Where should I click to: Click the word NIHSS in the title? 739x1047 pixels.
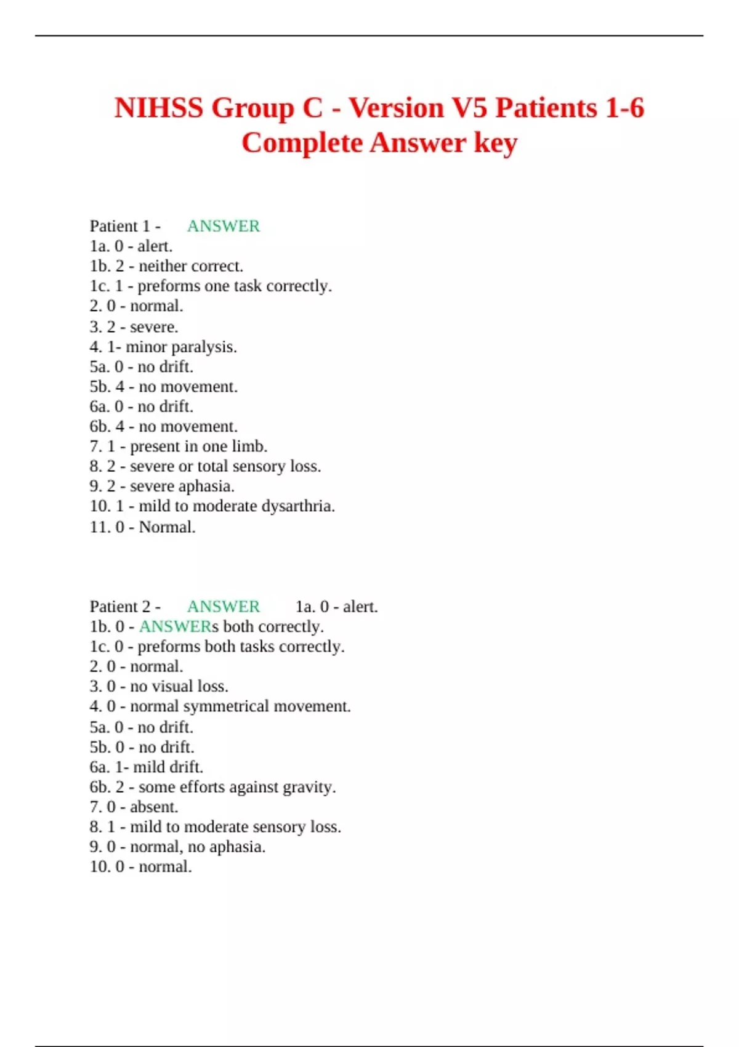pos(158,108)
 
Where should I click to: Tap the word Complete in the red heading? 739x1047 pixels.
pos(302,143)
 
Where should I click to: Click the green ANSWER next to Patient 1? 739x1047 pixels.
pos(223,226)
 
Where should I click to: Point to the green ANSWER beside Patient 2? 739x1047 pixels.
pos(223,607)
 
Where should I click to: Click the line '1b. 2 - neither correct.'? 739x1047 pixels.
pos(166,266)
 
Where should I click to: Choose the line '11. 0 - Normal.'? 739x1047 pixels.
pos(142,527)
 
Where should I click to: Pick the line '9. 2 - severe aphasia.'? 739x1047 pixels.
pos(161,486)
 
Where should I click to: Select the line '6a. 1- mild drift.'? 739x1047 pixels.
pos(146,767)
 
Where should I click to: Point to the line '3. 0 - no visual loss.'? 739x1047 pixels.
pos(159,686)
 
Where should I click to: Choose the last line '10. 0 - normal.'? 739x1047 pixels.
pos(140,867)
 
